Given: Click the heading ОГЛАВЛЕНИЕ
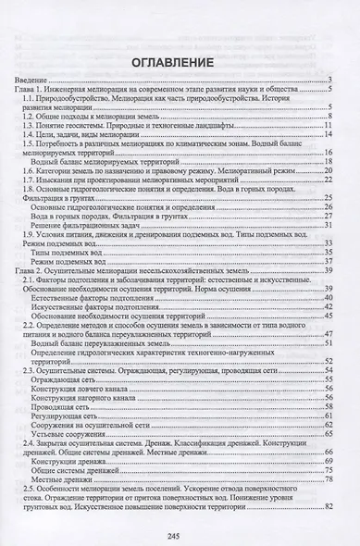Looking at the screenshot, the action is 179,63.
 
